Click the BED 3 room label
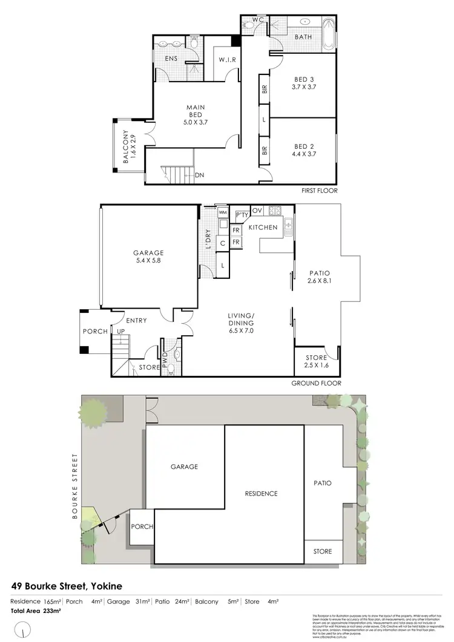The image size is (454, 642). tap(304, 83)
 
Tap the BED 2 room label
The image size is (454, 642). tap(304, 149)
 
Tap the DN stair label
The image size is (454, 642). tap(199, 175)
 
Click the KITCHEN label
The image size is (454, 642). tap(263, 228)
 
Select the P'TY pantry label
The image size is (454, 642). tap(242, 215)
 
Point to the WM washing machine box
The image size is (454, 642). tap(222, 212)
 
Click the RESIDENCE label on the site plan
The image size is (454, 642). tap(261, 494)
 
